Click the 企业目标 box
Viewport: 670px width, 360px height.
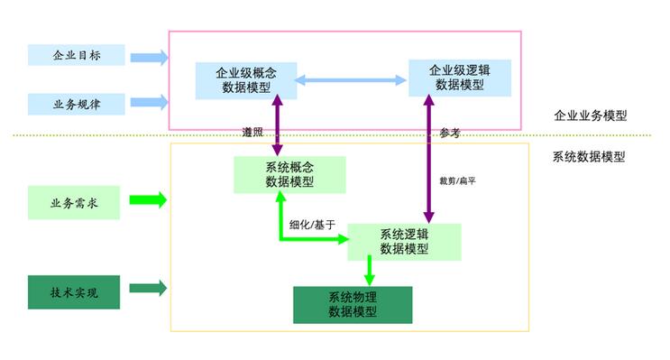pyautogui.click(x=76, y=55)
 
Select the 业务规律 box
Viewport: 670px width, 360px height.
pyautogui.click(x=76, y=104)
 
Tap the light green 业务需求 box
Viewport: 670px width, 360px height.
pyautogui.click(x=73, y=202)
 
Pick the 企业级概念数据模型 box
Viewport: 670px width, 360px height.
pyautogui.click(x=246, y=79)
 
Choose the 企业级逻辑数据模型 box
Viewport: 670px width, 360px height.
pyautogui.click(x=460, y=77)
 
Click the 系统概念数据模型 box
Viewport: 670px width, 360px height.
pyautogui.click(x=289, y=174)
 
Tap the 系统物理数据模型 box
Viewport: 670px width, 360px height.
pyautogui.click(x=353, y=305)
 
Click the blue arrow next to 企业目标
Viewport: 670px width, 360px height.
pyautogui.click(x=149, y=58)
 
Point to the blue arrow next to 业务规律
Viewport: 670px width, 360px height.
pyautogui.click(x=149, y=102)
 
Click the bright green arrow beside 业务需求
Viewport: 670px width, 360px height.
pyautogui.click(x=149, y=200)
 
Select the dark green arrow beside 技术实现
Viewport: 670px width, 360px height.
pyautogui.click(x=149, y=289)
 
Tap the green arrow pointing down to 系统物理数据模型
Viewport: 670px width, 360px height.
pyautogui.click(x=368, y=271)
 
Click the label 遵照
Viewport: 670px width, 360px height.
pyautogui.click(x=253, y=132)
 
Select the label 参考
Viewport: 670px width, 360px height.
pyautogui.click(x=450, y=133)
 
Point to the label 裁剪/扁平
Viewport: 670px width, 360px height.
pyautogui.click(x=457, y=180)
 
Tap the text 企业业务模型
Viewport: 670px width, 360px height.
pyautogui.click(x=590, y=116)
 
